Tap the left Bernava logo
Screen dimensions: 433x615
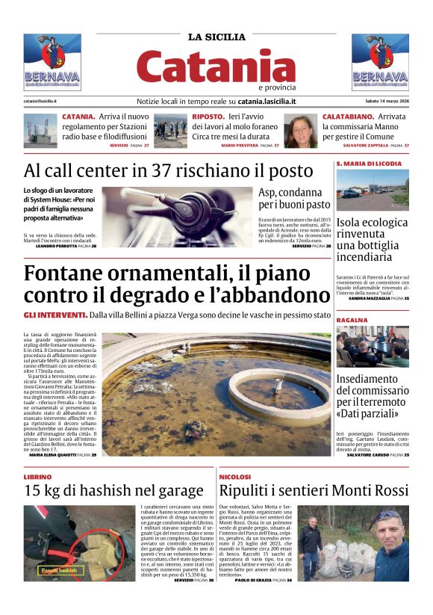coord(52,62)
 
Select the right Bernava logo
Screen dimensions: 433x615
coord(380,62)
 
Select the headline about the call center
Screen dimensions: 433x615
coord(169,170)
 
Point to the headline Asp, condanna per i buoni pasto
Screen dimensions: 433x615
coord(294,198)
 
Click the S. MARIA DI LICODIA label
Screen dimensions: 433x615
coord(369,163)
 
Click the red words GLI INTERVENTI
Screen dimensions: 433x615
coord(56,315)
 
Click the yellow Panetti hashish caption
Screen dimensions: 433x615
coord(60,570)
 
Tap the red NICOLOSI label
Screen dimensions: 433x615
coord(235,476)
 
